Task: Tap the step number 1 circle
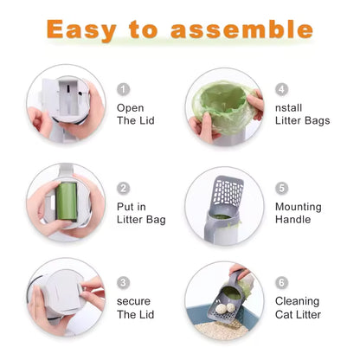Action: (124, 89)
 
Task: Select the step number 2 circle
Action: (124, 188)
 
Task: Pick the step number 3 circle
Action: (124, 282)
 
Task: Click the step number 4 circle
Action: (282, 89)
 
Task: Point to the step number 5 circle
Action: (282, 187)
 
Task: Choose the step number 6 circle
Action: (282, 282)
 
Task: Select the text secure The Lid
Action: (136, 308)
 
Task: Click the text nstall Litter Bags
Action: (302, 114)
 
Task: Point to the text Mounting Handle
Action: (298, 213)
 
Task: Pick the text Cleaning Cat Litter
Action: (299, 308)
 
